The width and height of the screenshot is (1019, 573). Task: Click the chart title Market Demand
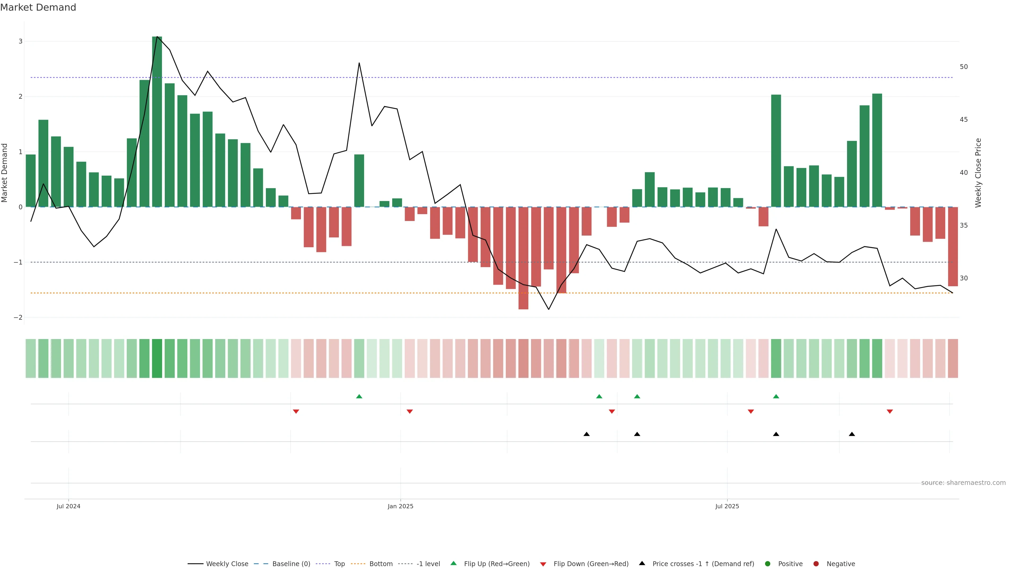[38, 7]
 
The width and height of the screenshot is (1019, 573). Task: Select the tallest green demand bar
[157, 122]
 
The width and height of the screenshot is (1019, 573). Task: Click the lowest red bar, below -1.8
[523, 258]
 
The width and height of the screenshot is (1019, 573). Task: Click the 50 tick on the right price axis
[964, 67]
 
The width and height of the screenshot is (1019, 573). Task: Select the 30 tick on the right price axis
[964, 278]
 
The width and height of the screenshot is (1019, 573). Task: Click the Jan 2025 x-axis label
[400, 506]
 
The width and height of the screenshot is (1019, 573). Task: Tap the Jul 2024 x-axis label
[68, 506]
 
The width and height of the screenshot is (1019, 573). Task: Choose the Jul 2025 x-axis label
[727, 506]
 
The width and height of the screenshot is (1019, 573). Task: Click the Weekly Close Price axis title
[978, 173]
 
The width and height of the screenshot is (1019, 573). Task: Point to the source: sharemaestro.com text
[963, 483]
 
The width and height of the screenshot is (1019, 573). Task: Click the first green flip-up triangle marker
[359, 396]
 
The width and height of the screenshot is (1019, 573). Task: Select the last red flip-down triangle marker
[890, 412]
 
